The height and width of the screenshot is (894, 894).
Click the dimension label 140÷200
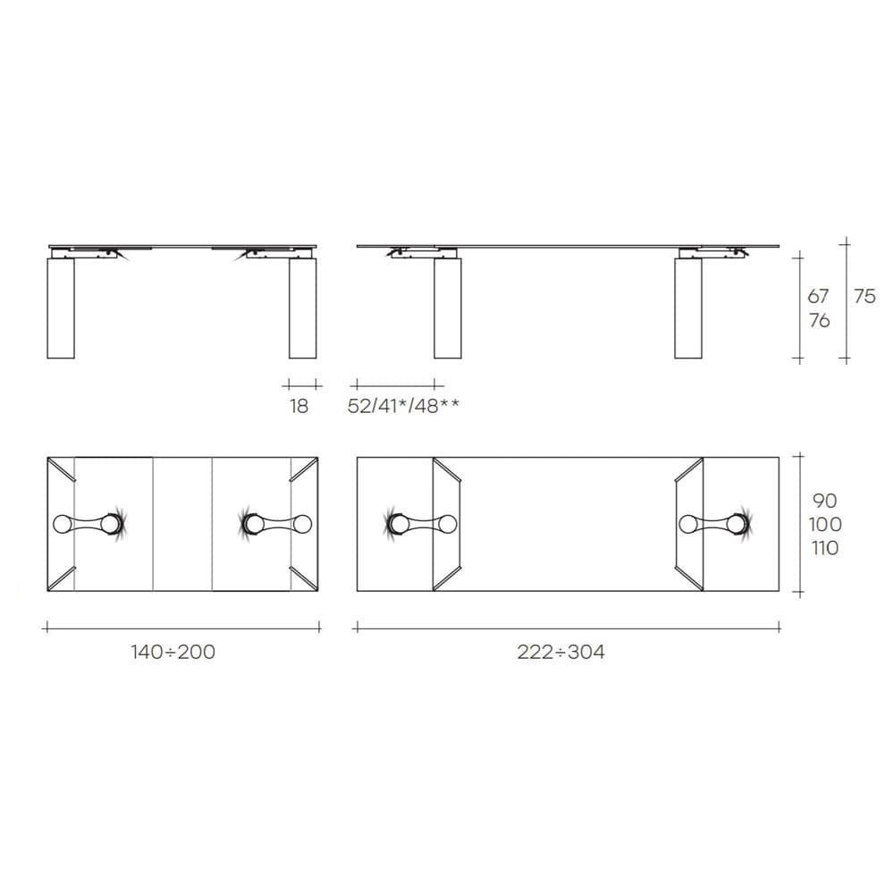point(173,652)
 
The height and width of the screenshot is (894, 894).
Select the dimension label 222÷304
point(561,652)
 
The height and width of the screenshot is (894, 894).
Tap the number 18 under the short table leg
point(299,406)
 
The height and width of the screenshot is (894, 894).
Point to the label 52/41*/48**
point(403,406)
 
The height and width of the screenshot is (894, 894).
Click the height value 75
point(864,297)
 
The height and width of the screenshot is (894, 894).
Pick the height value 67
point(818,297)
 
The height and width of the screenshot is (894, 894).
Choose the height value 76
point(819,321)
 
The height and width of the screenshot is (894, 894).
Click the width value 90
point(824,501)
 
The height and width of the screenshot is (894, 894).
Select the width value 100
point(825,524)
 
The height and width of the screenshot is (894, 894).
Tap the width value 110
point(825,548)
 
